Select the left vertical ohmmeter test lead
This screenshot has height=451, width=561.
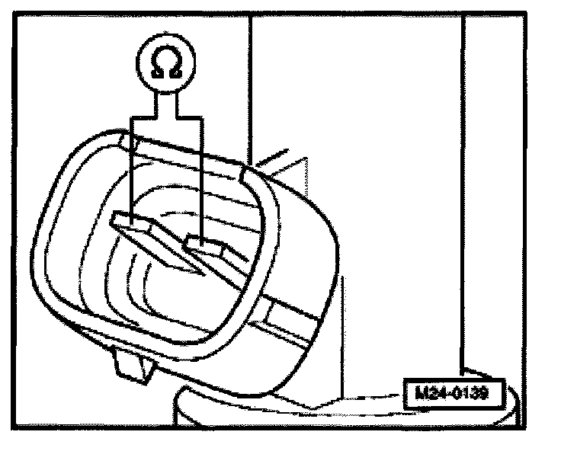tap(131, 168)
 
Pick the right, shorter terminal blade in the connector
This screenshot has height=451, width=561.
tap(210, 250)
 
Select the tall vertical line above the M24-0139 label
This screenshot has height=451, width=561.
tap(463, 190)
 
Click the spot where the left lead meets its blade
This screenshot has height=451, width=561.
tap(131, 218)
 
